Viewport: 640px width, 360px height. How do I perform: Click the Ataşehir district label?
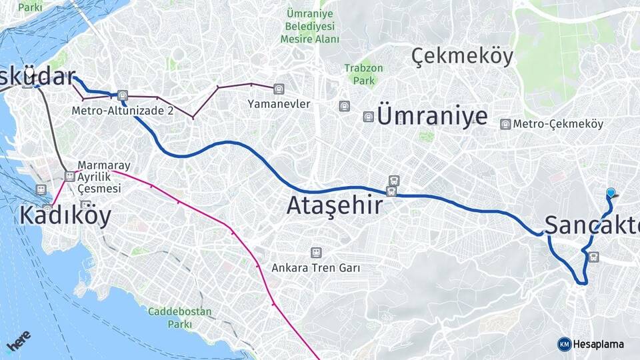[x=335, y=206]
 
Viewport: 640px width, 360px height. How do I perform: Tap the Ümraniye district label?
[x=432, y=115]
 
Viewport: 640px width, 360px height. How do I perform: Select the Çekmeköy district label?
[x=462, y=57]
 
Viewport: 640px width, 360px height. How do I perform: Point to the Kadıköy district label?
[x=65, y=215]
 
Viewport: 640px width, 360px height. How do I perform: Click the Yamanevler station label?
[x=279, y=104]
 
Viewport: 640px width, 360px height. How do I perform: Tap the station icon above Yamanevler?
[x=278, y=88]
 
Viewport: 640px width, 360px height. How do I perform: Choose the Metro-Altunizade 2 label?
[x=123, y=110]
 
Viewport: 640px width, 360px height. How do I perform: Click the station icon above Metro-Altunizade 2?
[x=121, y=95]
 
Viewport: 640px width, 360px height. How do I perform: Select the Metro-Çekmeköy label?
[x=558, y=124]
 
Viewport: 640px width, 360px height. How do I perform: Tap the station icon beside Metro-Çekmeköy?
[x=506, y=124]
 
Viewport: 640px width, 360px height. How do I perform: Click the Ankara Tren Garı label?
[x=315, y=268]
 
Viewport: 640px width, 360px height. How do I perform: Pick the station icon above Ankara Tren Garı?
[x=315, y=253]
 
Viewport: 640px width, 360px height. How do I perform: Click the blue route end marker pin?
[x=611, y=193]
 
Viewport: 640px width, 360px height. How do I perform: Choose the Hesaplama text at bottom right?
[x=598, y=344]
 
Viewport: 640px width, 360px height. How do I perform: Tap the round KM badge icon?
[x=564, y=344]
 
